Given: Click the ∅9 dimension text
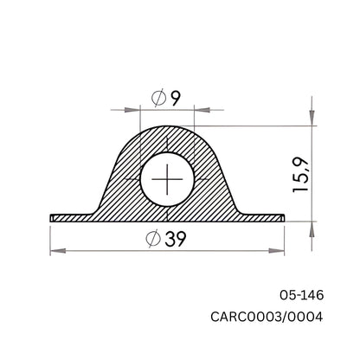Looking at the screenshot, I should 168,99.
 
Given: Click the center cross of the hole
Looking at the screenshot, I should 168,181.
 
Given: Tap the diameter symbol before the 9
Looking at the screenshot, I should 158,99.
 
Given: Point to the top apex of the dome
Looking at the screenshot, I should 168,126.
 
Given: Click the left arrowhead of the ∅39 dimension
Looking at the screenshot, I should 56,252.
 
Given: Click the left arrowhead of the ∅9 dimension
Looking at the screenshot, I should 134,110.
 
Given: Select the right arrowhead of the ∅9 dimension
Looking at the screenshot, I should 202,110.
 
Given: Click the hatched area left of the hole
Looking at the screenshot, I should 121,186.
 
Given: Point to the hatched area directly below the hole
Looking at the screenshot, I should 168,213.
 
